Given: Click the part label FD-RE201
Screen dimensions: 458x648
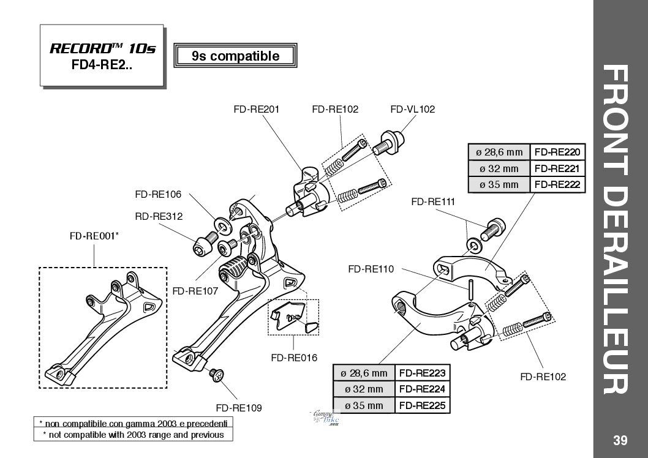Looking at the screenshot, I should pos(256,110).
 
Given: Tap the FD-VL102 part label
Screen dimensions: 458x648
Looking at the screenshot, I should pos(412,110).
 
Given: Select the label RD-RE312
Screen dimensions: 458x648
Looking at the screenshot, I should pos(159,216).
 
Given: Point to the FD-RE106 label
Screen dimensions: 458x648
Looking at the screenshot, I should pos(158,195).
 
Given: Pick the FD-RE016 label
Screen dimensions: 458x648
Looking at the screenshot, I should pos(294,358).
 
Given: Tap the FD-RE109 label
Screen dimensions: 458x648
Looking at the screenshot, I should pos(239,407).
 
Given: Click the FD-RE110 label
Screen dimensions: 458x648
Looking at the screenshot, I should pos(371,268).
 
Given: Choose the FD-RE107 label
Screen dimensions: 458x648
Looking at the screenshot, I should pos(195,291).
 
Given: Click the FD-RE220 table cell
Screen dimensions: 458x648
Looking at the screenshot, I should pos(557,152).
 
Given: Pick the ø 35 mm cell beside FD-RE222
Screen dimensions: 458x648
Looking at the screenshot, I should pos(499,184).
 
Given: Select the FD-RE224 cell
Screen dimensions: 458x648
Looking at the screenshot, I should pos(422,389).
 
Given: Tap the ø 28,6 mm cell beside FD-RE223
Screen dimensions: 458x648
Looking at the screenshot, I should pos(363,373).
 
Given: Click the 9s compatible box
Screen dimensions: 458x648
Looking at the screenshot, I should pos(236,56).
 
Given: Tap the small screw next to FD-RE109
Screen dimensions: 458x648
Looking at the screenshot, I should pos(217,375).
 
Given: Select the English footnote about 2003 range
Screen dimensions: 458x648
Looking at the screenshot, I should pos(132,435).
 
